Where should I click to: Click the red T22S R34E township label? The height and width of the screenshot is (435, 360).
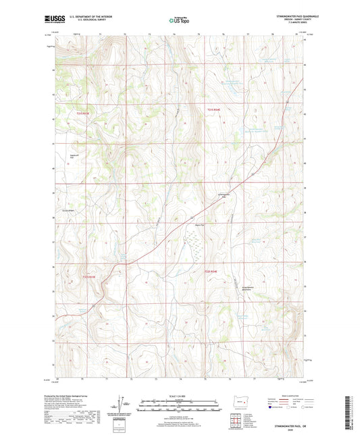[x=211, y=272]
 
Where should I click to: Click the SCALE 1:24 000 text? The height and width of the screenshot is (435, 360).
[x=180, y=396]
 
